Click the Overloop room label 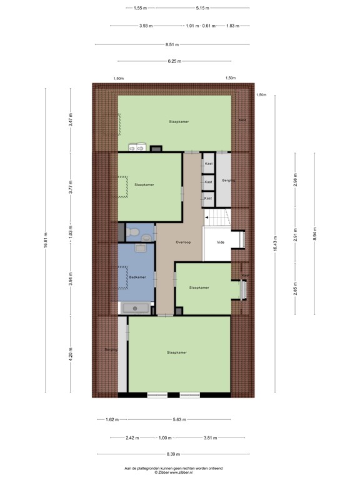pyautogui.click(x=182, y=242)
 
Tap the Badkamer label pyautogui.click(x=137, y=277)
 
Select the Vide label pyautogui.click(x=220, y=242)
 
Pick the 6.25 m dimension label pyautogui.click(x=174, y=61)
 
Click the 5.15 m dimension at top pyautogui.click(x=202, y=8)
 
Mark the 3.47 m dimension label pyautogui.click(x=71, y=119)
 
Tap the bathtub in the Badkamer pyautogui.click(x=136, y=308)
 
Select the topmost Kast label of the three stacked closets pyautogui.click(x=209, y=164)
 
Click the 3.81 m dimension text pyautogui.click(x=211, y=437)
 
